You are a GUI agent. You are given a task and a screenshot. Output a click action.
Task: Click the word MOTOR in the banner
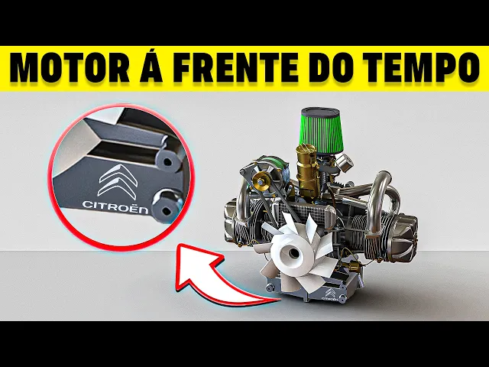tap(69, 69)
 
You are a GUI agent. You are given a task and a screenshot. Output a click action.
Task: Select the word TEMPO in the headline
tap(420, 69)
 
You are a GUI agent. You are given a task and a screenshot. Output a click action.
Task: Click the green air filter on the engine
tap(322, 128)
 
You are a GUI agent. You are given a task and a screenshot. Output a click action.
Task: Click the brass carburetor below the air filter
tap(308, 168)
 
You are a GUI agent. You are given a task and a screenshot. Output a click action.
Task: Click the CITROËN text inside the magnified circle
tap(115, 207)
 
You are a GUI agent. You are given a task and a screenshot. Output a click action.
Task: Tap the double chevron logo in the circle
tap(118, 182)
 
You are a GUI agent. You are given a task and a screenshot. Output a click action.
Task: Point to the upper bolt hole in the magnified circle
tap(168, 162)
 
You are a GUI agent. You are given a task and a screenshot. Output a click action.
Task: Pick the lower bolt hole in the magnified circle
tap(167, 211)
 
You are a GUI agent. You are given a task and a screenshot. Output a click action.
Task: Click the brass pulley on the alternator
tap(260, 181)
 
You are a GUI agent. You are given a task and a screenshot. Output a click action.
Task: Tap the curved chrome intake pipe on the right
tap(379, 200)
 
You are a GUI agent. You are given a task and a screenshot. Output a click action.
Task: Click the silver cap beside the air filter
tap(344, 162)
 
